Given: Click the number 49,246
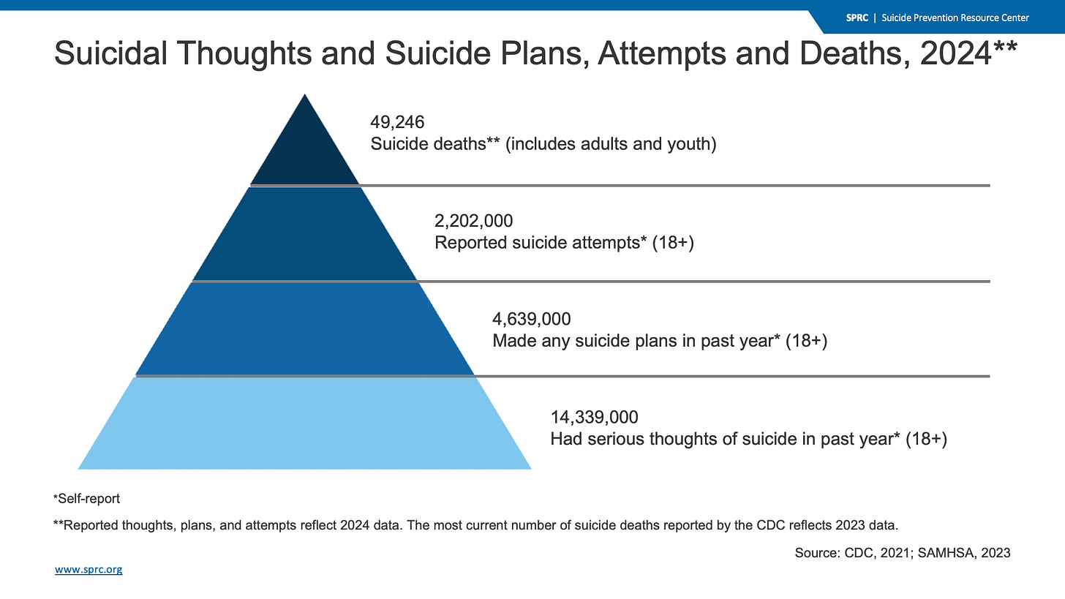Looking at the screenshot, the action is pos(397,122).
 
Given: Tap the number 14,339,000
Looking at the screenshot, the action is pos(594,417).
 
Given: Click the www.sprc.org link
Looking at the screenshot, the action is pos(89,569).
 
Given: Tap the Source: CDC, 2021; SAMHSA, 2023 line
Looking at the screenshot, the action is pos(902,553).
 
